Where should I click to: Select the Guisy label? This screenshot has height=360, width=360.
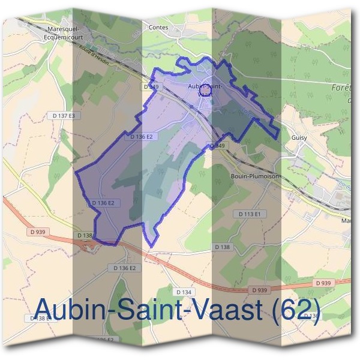click(299, 137)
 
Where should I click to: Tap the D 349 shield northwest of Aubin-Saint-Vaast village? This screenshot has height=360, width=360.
click(152, 87)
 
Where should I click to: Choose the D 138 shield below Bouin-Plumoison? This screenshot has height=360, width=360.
click(222, 247)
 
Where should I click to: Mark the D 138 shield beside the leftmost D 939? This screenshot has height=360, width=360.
click(85, 236)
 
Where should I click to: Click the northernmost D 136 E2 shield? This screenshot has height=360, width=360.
click(142, 137)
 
